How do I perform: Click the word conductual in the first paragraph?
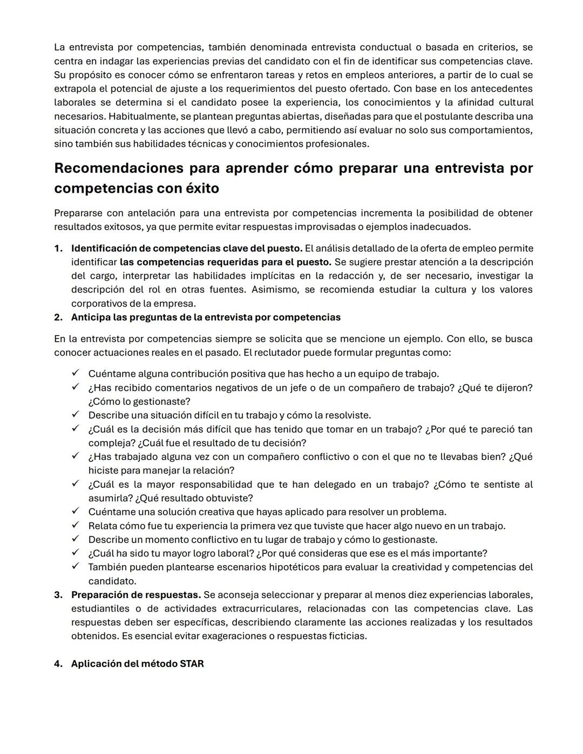[385, 47]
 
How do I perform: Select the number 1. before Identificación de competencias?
[58, 248]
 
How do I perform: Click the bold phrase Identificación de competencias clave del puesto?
[187, 248]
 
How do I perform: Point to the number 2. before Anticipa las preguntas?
[58, 317]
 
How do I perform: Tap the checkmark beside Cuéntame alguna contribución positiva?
[76, 373]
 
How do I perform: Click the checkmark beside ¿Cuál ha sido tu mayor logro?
[76, 553]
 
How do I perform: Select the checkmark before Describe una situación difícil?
[76, 415]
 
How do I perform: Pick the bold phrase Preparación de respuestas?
[136, 595]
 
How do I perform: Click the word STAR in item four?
[192, 664]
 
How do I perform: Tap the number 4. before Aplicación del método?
[58, 664]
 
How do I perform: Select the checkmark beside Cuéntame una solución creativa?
[76, 511]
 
